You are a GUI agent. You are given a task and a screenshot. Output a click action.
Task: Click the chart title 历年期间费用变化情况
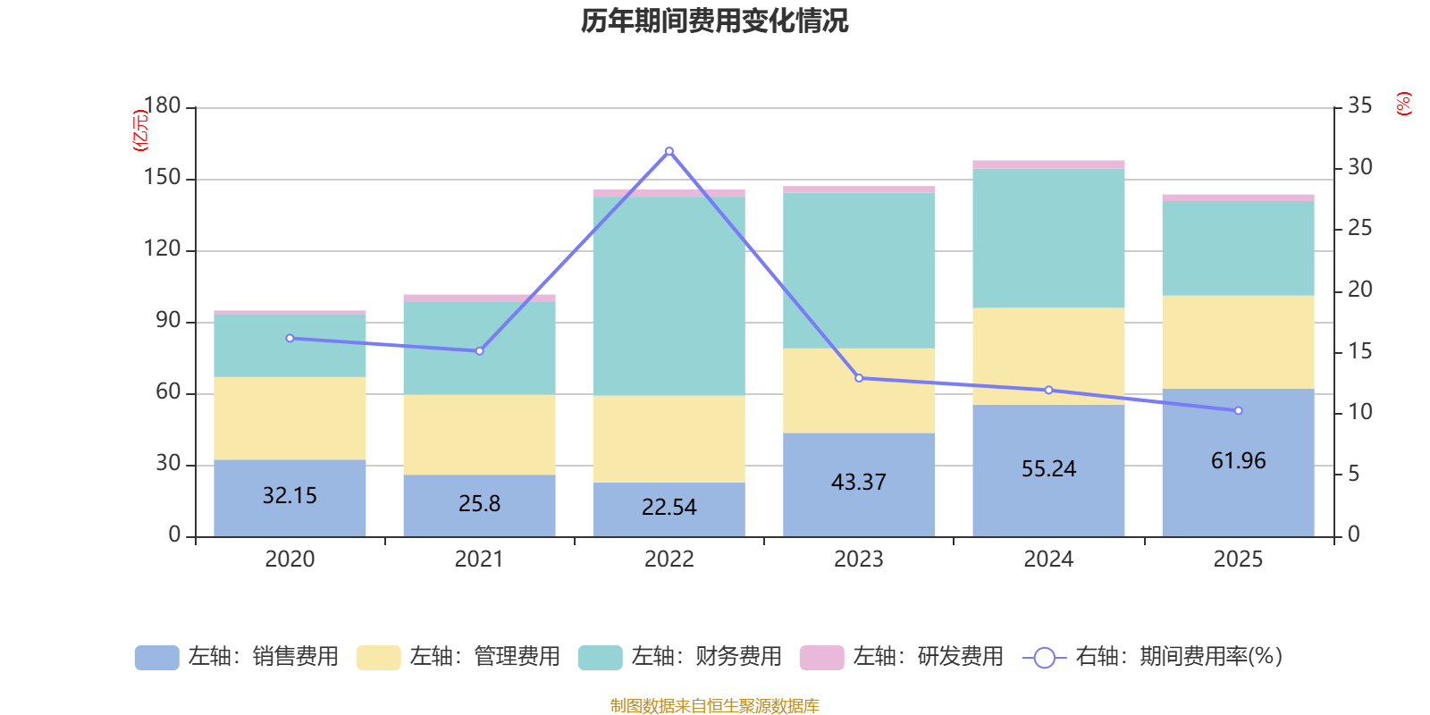[x=714, y=21]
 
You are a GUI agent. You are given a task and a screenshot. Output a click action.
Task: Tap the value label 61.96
[x=1238, y=460]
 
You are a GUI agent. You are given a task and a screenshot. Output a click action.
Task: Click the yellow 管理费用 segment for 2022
[x=669, y=439]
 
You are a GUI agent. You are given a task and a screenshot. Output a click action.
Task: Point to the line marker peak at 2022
[x=669, y=151]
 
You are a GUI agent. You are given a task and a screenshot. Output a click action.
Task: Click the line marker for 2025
[x=1238, y=410]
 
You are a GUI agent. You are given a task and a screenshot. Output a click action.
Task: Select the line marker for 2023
[x=859, y=378]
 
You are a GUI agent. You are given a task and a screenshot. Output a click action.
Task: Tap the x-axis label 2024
[x=1048, y=559]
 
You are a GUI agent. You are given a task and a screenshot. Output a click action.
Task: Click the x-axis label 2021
[x=479, y=559]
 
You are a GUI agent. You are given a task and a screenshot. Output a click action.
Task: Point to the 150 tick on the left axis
[x=162, y=178]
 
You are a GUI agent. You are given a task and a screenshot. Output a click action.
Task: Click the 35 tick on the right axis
[x=1359, y=105]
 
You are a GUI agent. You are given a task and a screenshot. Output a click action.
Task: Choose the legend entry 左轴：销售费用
[x=237, y=657]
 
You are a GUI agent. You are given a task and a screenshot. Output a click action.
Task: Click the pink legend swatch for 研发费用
[x=821, y=657]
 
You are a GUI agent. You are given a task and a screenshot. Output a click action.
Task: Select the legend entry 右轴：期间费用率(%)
[x=1153, y=657]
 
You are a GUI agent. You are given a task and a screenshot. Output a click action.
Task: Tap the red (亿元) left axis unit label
[x=139, y=130]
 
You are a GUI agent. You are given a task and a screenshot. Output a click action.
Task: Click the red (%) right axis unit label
[x=1403, y=104]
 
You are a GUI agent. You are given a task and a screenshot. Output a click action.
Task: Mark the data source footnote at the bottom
[x=714, y=705]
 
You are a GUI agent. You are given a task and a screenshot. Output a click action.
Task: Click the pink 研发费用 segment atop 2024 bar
[x=1048, y=164]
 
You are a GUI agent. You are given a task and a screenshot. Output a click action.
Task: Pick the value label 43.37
[x=859, y=482]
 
